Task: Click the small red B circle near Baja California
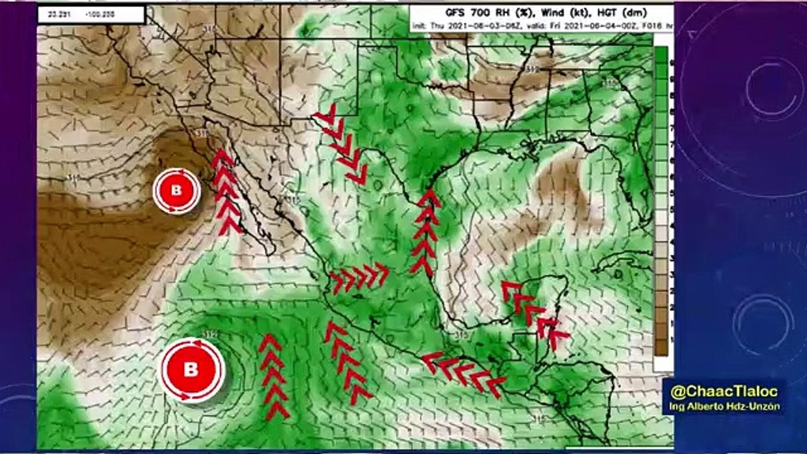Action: click(176, 190)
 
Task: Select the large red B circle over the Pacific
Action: click(191, 370)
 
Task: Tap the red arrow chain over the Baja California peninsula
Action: click(225, 192)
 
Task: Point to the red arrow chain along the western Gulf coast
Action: click(426, 232)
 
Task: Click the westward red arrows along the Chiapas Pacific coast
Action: click(464, 372)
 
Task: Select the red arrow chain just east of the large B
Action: click(274, 376)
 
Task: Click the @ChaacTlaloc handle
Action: click(723, 391)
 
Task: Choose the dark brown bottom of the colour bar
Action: click(661, 347)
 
